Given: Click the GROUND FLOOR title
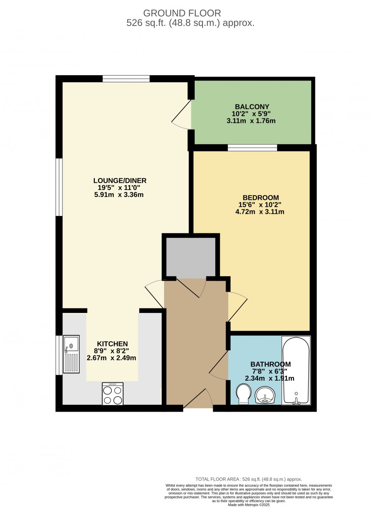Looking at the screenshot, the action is coord(182,13).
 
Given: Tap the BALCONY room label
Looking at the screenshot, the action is coord(252,107).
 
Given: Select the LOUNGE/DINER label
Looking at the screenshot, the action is coord(120,180).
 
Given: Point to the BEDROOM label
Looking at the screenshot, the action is coord(260,198).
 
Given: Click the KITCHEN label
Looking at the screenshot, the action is coord(112,344).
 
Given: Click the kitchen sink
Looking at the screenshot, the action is coord(71,354).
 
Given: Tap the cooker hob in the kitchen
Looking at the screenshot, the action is coord(112,393).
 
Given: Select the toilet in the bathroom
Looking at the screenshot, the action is coord(243,394).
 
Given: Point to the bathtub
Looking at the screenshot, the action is coord(296,370).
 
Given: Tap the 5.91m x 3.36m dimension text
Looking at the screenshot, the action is coord(119,194).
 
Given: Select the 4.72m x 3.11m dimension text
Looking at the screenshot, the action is coord(260,212).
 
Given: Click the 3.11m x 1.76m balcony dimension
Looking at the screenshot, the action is coord(251,121).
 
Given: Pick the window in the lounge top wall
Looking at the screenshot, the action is coord(126,78).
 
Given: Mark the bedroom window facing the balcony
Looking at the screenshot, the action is coord(253,148).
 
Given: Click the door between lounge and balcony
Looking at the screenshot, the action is coord(181,114).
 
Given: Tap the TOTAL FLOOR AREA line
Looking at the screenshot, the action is coord(249,479).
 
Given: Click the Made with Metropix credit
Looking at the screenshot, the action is coord(249,505).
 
